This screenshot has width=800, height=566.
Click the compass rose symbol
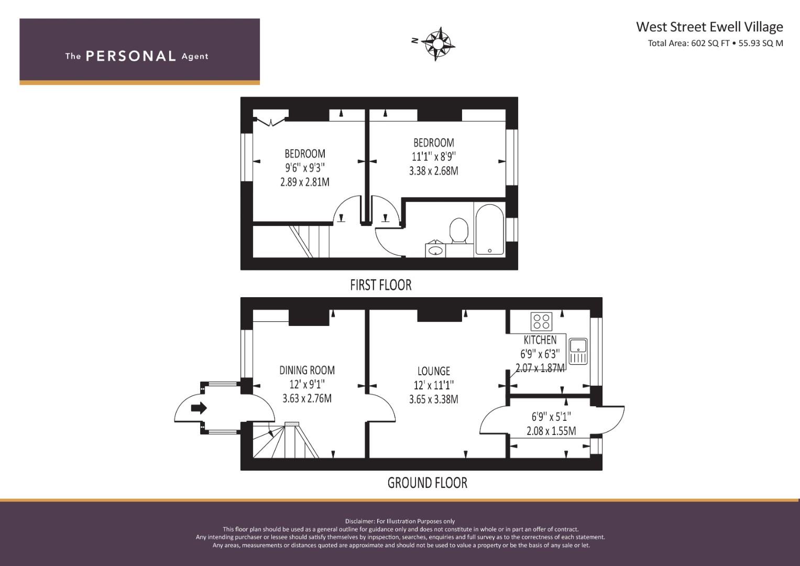pyautogui.click(x=437, y=43)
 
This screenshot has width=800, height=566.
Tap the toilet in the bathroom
pyautogui.click(x=459, y=231)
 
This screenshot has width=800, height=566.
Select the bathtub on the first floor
pyautogui.click(x=489, y=230)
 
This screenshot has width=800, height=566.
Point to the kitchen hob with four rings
pyautogui.click(x=541, y=321)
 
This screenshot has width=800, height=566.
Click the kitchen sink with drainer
pyautogui.click(x=578, y=351)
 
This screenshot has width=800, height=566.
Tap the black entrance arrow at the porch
pyautogui.click(x=199, y=408)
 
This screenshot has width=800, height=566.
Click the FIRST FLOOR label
pyautogui.click(x=381, y=285)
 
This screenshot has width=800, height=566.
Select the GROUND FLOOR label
pyautogui.click(x=427, y=483)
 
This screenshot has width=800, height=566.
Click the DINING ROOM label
pyautogui.click(x=307, y=370)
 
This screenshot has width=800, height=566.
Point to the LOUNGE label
pyautogui.click(x=433, y=371)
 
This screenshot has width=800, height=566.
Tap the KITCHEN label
pyautogui.click(x=540, y=340)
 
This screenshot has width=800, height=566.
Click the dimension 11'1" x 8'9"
pyautogui.click(x=433, y=157)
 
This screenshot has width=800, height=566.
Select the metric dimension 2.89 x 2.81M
pyautogui.click(x=305, y=182)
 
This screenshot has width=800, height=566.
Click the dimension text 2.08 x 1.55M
pyautogui.click(x=551, y=431)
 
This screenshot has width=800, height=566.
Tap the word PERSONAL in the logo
pyautogui.click(x=130, y=56)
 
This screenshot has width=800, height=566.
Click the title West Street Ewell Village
pyautogui.click(x=709, y=27)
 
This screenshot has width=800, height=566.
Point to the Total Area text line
pyautogui.click(x=715, y=43)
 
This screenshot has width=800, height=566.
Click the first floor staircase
pyautogui.click(x=304, y=241)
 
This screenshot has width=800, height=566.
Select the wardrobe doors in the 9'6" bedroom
pyautogui.click(x=270, y=122)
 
